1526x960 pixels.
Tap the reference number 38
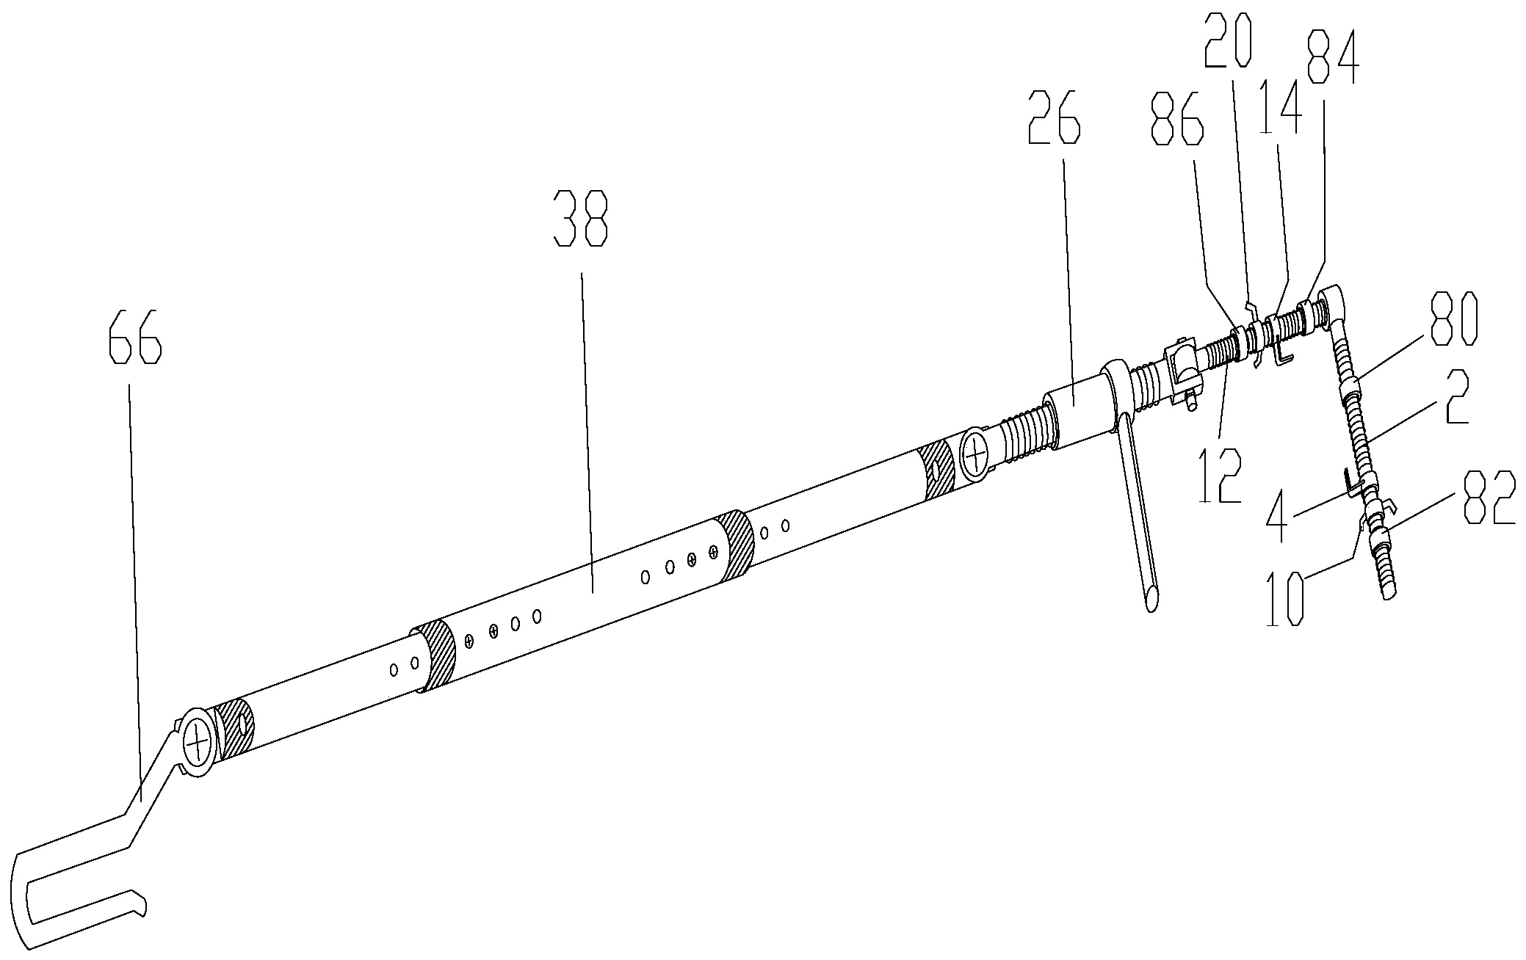[581, 219]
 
